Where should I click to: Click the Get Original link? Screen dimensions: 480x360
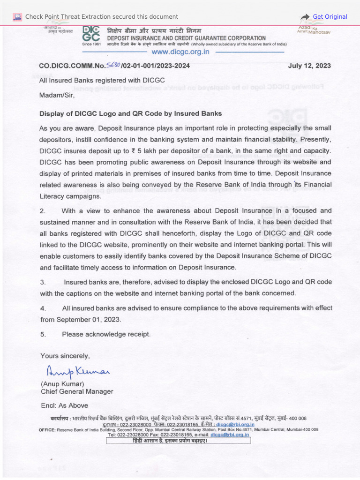click(x=330, y=17)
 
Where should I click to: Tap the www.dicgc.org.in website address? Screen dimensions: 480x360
click(x=180, y=52)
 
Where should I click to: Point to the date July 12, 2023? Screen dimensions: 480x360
click(x=309, y=66)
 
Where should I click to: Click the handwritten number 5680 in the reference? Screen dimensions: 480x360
click(x=114, y=65)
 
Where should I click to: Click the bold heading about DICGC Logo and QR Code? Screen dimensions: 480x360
click(x=130, y=114)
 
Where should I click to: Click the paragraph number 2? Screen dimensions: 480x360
click(x=43, y=211)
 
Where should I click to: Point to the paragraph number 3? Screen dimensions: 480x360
click(x=43, y=282)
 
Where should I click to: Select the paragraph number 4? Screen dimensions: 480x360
click(x=43, y=308)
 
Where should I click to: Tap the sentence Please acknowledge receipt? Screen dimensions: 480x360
click(x=106, y=334)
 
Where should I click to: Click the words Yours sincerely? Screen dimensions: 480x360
click(x=65, y=356)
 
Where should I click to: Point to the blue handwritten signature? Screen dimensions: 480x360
click(x=77, y=372)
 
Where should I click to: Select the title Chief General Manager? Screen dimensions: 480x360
click(x=77, y=391)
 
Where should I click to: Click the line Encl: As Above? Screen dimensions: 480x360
click(x=64, y=405)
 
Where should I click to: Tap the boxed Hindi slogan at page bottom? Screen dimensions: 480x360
click(x=179, y=441)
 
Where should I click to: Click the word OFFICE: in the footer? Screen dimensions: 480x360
click(x=47, y=429)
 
